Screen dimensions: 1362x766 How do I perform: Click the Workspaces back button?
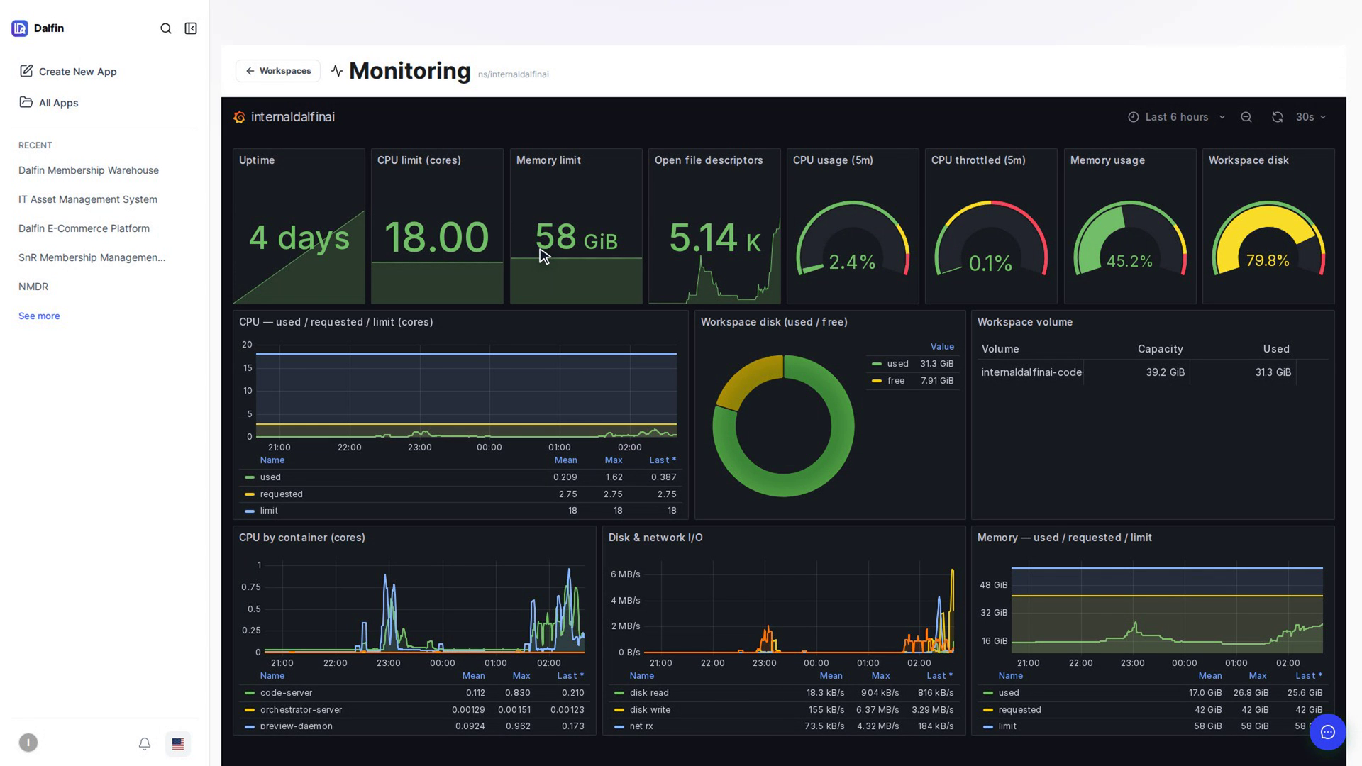(x=278, y=71)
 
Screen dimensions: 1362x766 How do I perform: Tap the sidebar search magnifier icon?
(x=166, y=28)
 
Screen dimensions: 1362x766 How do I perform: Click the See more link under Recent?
(x=39, y=316)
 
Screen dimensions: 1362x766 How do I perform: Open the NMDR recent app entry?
(x=33, y=287)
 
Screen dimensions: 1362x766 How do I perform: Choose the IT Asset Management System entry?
(x=88, y=199)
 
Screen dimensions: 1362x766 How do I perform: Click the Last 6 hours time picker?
(x=1177, y=117)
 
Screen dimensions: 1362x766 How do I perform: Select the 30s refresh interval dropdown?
(x=1311, y=117)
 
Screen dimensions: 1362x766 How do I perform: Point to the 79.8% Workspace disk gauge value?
(x=1268, y=261)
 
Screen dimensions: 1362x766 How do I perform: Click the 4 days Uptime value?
(x=299, y=238)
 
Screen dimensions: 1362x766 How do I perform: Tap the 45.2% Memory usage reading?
(x=1129, y=262)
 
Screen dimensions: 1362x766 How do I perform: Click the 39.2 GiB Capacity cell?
(x=1165, y=372)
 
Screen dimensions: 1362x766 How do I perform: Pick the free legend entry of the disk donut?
(x=896, y=381)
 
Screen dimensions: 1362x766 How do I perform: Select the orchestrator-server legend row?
(x=301, y=710)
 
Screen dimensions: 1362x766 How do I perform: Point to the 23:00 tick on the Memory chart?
(x=1132, y=663)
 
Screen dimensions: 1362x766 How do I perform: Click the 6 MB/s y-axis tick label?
(x=625, y=574)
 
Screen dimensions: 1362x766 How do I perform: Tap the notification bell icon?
(x=145, y=743)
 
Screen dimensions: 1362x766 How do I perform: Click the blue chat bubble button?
(x=1327, y=732)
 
